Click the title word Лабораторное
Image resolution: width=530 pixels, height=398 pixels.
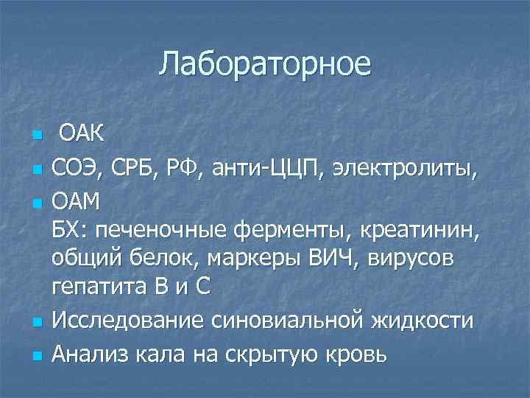(265, 64)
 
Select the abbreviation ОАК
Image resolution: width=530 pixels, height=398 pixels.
(82, 135)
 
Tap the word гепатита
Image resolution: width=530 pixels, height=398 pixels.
(93, 287)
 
